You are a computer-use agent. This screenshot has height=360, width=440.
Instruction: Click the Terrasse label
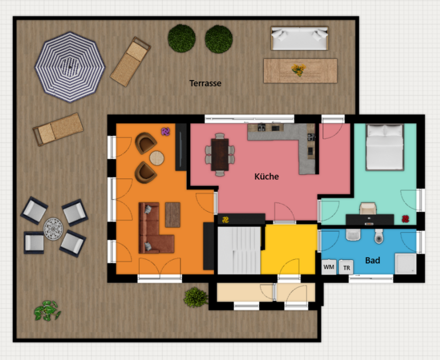[205, 83]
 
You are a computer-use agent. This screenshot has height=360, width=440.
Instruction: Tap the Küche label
[266, 177]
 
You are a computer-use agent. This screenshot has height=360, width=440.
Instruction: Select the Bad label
[372, 260]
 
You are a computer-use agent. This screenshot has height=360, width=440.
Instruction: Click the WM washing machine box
[329, 267]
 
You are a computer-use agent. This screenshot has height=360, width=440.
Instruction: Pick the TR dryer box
[346, 268]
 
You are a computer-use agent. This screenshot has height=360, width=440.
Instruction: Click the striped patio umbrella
[70, 67]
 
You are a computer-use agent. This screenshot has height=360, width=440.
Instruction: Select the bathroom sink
[353, 234]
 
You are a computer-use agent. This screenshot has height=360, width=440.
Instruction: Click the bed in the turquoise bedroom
[385, 147]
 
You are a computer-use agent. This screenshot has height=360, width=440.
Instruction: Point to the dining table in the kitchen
[220, 154]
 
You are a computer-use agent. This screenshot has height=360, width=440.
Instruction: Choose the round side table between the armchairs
[157, 157]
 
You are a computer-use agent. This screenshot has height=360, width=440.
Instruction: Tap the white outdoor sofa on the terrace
[300, 38]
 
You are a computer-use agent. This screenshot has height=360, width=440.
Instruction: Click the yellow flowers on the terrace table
[299, 70]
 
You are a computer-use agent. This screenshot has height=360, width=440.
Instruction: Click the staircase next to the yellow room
[239, 250]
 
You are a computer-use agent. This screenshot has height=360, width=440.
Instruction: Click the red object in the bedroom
[405, 218]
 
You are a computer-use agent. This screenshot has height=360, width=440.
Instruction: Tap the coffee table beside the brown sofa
[173, 214]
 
